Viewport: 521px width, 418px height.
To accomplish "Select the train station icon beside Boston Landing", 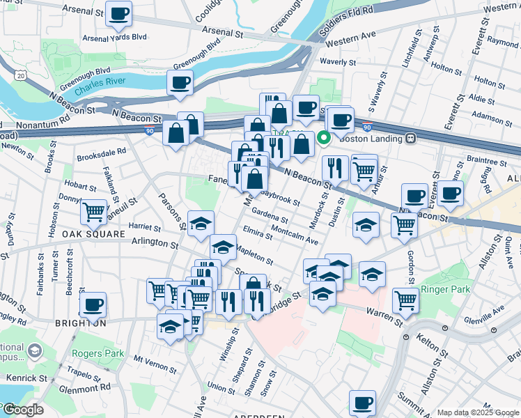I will click(411, 139).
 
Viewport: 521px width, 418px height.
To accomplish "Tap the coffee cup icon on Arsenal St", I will click(119, 14).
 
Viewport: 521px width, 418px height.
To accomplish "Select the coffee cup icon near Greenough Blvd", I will click(180, 83).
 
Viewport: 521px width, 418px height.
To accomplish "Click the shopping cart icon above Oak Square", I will click(93, 212).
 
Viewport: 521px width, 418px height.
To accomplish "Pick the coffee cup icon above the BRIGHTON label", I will click(93, 304).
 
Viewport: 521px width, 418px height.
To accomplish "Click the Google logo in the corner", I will click(22, 410).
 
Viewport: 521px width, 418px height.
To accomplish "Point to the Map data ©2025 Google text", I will click(478, 412).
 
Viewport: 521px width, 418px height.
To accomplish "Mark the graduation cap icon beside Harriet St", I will click(201, 223).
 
